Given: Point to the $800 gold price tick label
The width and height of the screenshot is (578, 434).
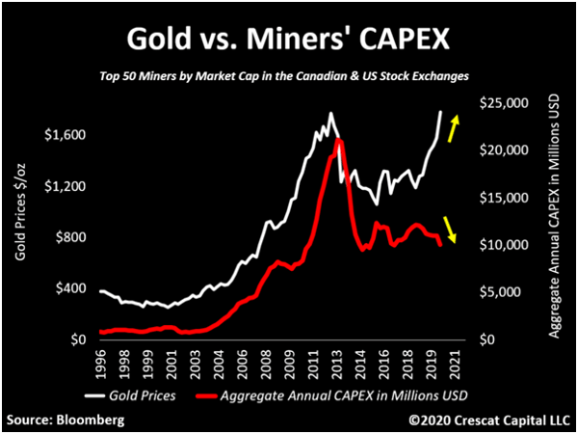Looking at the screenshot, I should coord(69,237).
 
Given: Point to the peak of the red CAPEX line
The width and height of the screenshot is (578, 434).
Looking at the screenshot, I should coord(339,141).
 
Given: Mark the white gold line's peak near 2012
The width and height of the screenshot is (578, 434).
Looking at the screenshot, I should coord(330,115).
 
